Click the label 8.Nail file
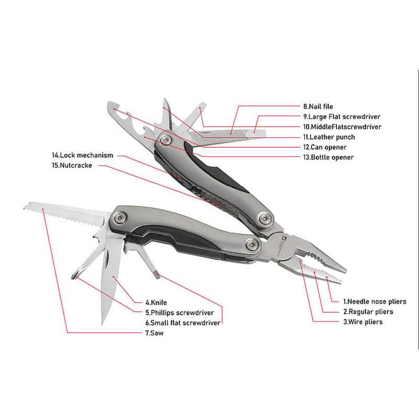click(318, 106)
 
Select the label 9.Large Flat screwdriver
click(341, 116)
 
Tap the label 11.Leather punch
click(329, 137)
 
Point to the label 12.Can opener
click(325, 147)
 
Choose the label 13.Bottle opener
click(328, 157)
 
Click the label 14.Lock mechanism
click(83, 155)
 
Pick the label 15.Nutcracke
click(72, 165)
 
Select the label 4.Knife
click(156, 303)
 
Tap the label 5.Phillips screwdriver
click(180, 313)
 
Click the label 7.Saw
click(155, 333)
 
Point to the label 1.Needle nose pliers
click(374, 302)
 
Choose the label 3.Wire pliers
click(363, 322)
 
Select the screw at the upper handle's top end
click(165, 139)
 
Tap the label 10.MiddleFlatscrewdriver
click(342, 127)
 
